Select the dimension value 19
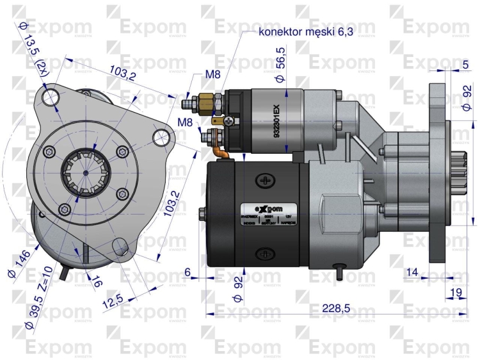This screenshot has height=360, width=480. [x=456, y=292]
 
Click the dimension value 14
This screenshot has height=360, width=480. [x=412, y=273]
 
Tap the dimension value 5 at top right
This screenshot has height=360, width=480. [x=465, y=64]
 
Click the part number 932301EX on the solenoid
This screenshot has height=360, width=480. [x=276, y=122]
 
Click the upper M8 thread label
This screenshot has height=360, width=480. [x=212, y=74]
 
